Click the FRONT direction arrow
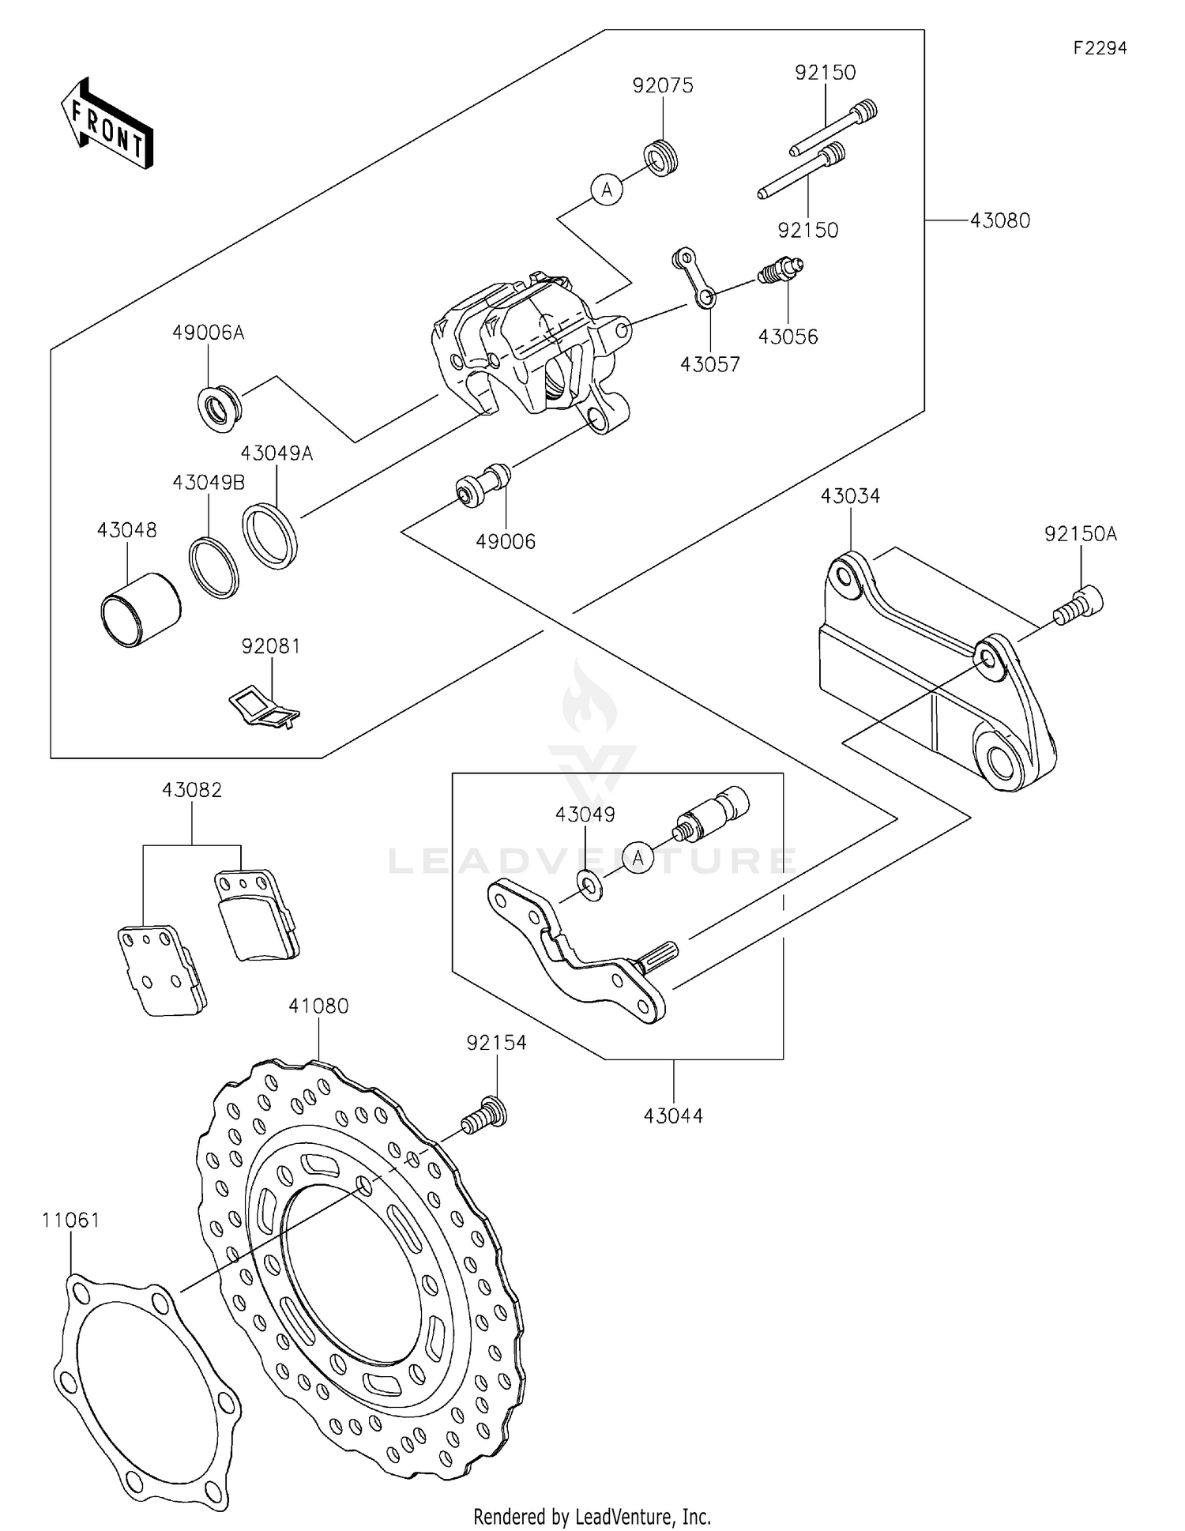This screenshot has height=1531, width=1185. (107, 124)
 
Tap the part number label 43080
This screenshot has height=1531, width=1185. (999, 221)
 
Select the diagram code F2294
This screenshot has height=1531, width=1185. (1100, 48)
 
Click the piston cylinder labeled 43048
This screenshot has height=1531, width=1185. (140, 609)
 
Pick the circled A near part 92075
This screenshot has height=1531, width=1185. (607, 190)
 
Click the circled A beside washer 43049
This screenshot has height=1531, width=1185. (638, 857)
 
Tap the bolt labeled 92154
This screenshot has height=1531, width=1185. (484, 1115)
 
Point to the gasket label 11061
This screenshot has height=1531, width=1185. (71, 1221)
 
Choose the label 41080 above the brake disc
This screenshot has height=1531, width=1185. (318, 1006)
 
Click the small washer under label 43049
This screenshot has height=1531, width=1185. (589, 884)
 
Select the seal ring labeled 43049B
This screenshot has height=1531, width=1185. (214, 566)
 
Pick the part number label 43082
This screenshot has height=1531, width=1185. (192, 790)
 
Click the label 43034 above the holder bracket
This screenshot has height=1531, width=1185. (850, 496)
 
